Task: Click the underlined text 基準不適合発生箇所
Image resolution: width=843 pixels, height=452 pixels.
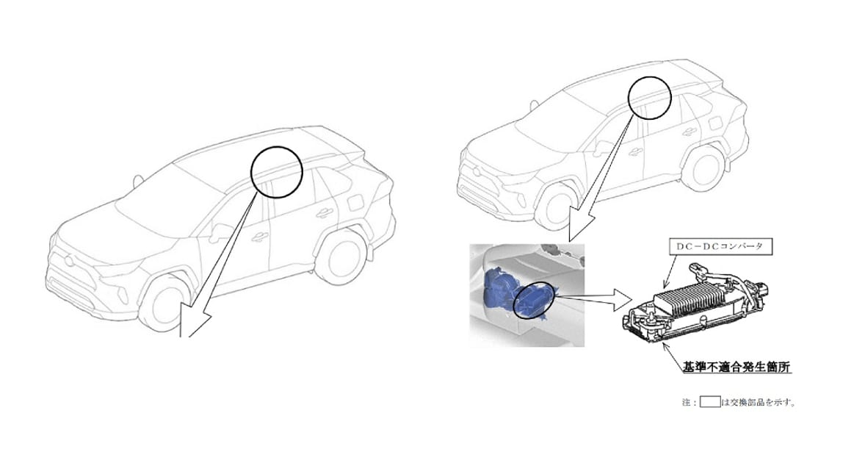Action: (x=737, y=367)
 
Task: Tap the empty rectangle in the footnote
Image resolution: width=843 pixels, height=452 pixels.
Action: (x=709, y=401)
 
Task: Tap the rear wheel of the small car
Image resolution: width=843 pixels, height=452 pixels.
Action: (x=706, y=168)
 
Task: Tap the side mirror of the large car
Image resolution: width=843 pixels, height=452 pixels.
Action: (x=220, y=232)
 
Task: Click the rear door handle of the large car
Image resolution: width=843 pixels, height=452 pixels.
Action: (x=324, y=212)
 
